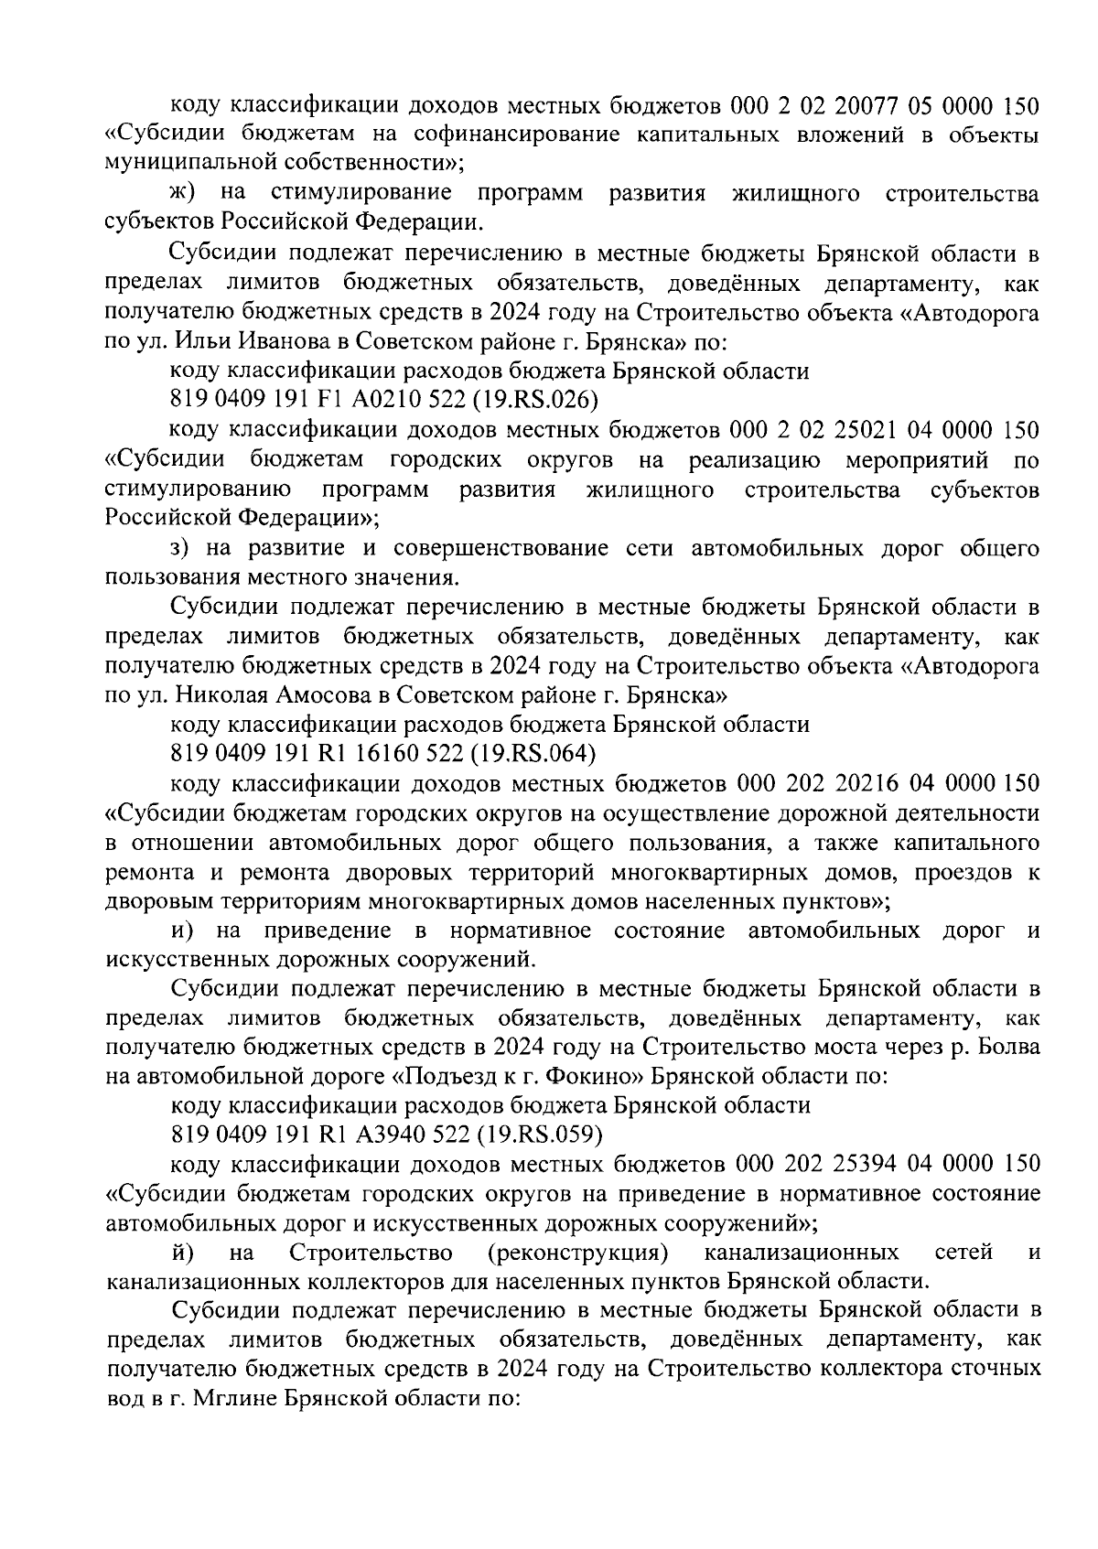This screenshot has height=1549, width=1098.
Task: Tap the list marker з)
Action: (180, 548)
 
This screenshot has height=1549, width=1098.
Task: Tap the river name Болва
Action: (1006, 1047)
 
